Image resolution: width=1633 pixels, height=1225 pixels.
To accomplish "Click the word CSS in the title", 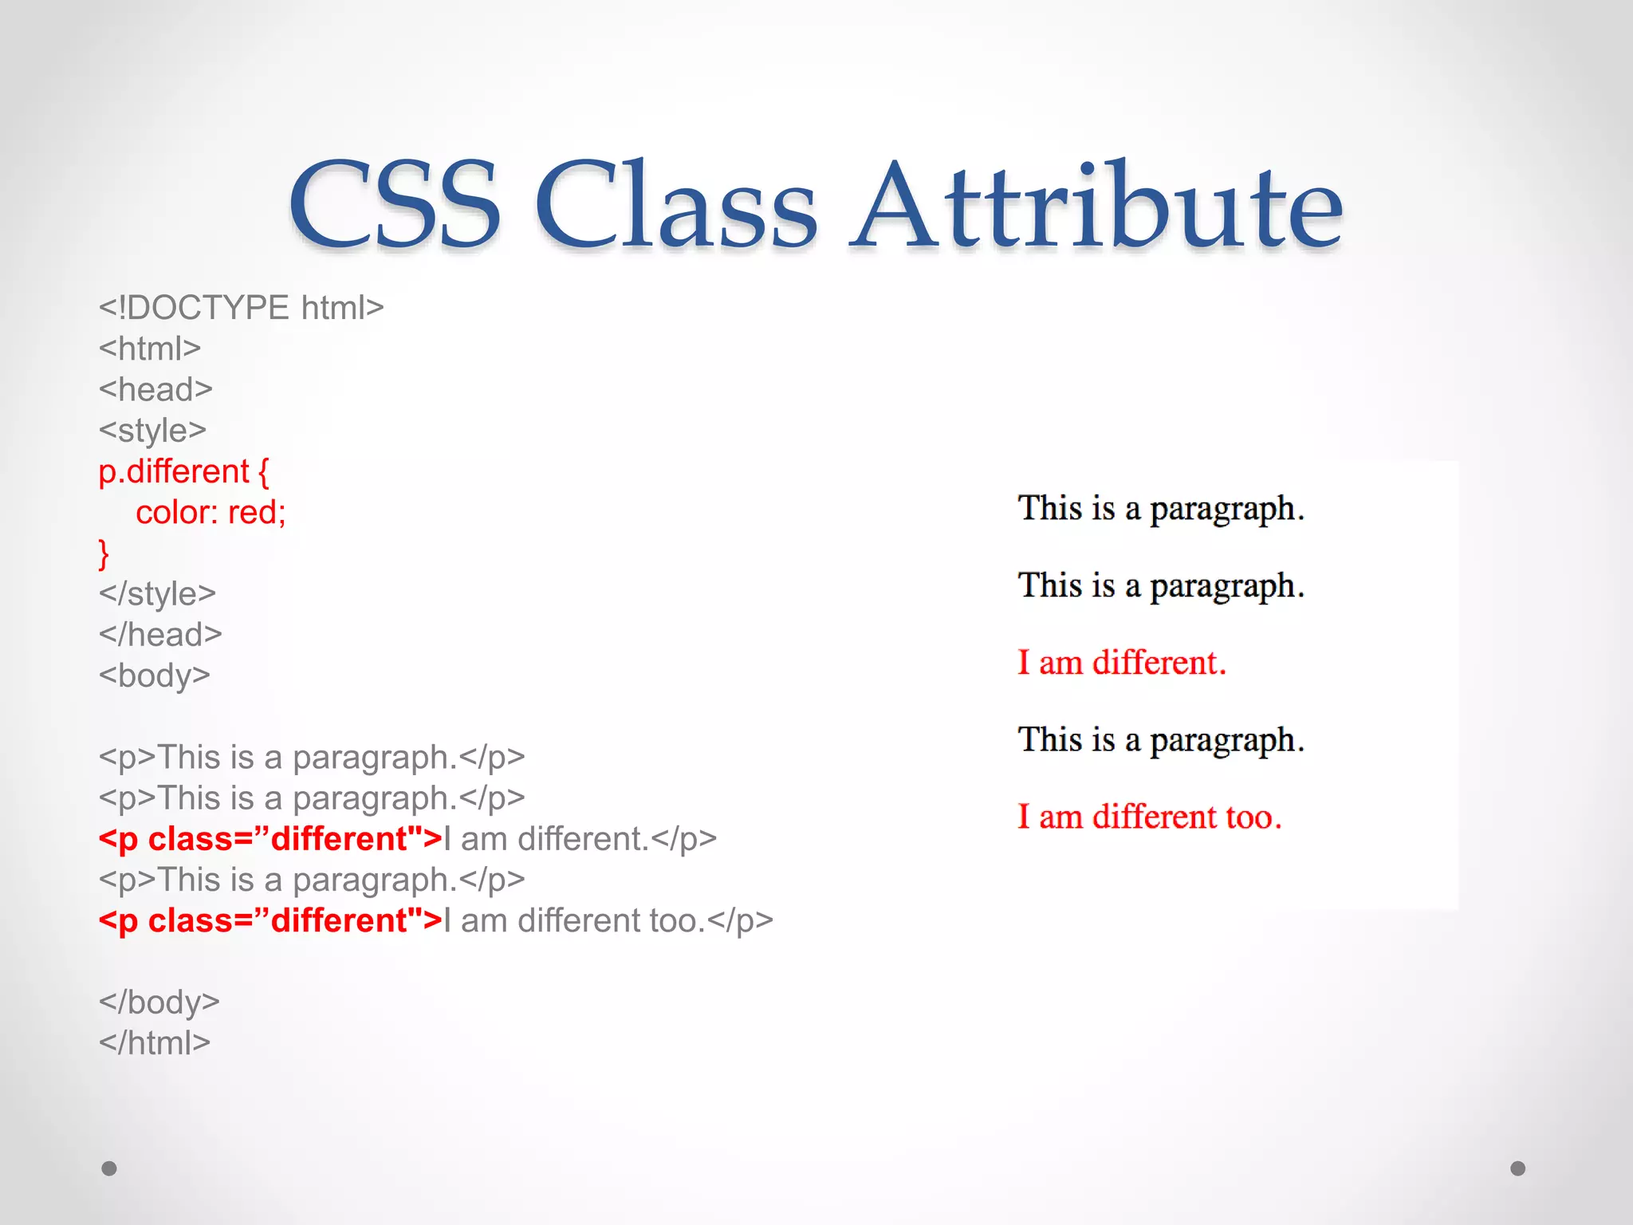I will pos(395,206).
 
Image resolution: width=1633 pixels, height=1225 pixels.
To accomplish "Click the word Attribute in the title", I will pos(1096,206).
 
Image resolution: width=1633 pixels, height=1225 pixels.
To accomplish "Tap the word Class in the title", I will pos(676,206).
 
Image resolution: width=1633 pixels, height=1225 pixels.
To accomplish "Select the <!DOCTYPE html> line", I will pos(241,308).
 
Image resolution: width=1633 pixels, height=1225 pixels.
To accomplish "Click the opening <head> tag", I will pos(155,389).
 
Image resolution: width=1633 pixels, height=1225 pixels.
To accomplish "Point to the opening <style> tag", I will pos(152,431).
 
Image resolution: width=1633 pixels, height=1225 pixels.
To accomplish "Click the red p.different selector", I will pos(174,471).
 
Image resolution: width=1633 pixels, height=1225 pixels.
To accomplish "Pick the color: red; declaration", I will pos(211,512).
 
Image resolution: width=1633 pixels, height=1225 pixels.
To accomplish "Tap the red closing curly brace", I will pos(104,553).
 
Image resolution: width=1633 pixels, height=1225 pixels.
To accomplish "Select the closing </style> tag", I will pos(157,594).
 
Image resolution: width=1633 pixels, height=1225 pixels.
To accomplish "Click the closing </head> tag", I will pos(160,635).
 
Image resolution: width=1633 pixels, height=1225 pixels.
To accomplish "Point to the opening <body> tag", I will pos(154,676).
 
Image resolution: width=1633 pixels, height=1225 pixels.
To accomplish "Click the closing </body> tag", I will pos(159,1002).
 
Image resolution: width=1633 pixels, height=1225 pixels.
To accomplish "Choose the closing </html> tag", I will pos(154,1042).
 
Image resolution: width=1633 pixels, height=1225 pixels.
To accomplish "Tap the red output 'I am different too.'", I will pos(1149,817).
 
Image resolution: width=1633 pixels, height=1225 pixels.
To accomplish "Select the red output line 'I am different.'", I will pos(1121,663).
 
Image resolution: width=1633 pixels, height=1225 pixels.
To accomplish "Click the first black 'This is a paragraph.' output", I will pos(1160,509).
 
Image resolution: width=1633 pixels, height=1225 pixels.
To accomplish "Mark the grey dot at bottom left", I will pos(109,1168).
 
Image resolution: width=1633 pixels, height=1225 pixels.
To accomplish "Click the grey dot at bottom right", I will pos(1518,1168).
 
